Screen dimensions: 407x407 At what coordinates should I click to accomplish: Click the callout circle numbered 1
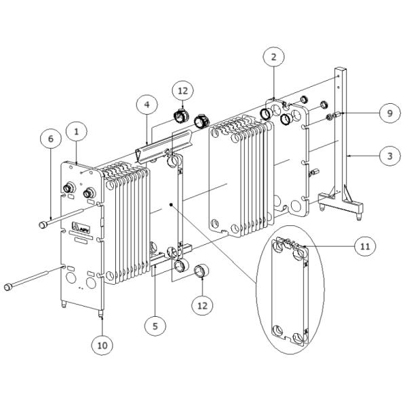[x=76, y=132]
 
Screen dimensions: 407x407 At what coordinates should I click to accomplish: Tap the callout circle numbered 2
[x=274, y=57]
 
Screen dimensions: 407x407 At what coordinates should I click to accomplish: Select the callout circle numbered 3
[x=390, y=156]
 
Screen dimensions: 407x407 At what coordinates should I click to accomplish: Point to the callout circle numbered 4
[x=147, y=105]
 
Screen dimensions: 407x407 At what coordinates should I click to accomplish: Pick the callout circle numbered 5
[x=155, y=326]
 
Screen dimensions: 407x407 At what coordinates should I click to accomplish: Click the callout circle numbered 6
[x=51, y=138]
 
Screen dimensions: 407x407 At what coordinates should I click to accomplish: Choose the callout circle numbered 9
[x=390, y=113]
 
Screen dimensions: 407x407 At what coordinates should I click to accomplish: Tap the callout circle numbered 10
[x=102, y=345]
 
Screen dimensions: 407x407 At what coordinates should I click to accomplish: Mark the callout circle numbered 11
[x=365, y=246]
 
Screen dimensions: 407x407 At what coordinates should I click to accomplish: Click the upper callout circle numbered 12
[x=183, y=91]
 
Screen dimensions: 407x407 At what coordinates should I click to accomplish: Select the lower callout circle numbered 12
[x=202, y=305]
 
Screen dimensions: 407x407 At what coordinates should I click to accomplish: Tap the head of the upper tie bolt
[x=43, y=225]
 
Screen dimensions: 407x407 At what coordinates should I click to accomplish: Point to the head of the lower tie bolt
[x=8, y=287]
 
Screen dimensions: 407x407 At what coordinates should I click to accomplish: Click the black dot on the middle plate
[x=171, y=205]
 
